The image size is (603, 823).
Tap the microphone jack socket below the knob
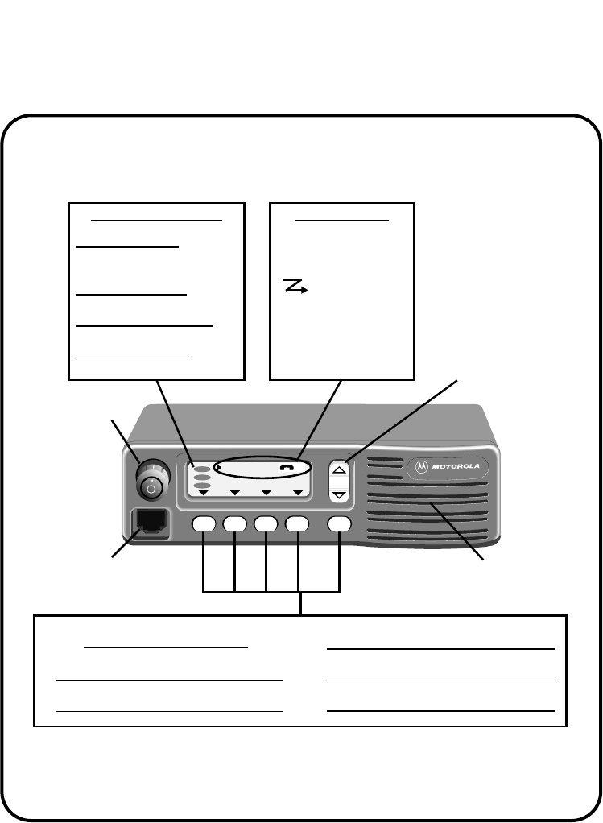point(150,523)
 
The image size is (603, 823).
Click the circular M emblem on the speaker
point(419,465)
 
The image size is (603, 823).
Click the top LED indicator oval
point(202,468)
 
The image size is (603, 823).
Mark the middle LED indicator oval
point(202,477)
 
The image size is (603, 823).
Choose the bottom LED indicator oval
point(202,485)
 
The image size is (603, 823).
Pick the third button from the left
point(266,524)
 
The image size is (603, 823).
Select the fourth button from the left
point(298,524)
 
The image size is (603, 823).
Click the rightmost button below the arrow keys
point(340,524)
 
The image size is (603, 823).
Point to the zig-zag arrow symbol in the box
point(295,286)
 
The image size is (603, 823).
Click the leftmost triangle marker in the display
point(203,492)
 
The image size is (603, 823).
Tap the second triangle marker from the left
point(234,492)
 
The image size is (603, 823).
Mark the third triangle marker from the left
point(266,492)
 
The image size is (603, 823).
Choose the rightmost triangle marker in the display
point(297,492)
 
